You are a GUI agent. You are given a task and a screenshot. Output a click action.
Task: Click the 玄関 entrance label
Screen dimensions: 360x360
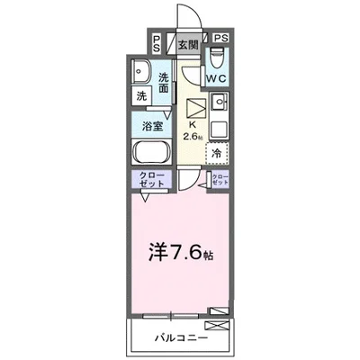pyautogui.click(x=187, y=44)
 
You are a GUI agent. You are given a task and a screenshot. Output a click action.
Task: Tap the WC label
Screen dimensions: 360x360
pyautogui.click(x=217, y=79)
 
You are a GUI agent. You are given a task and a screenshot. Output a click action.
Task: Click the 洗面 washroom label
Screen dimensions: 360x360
pyautogui.click(x=164, y=83)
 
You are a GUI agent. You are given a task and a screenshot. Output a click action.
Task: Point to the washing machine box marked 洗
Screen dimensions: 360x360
pyautogui.click(x=141, y=95)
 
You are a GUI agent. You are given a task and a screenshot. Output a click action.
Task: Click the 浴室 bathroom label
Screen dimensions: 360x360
pyautogui.click(x=152, y=125)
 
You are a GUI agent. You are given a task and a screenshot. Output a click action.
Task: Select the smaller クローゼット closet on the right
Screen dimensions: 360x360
pyautogui.click(x=219, y=178)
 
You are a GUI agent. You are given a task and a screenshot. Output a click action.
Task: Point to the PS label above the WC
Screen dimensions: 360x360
pyautogui.click(x=221, y=38)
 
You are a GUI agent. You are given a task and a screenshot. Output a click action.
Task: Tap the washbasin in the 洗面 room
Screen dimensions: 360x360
pyautogui.click(x=142, y=72)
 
